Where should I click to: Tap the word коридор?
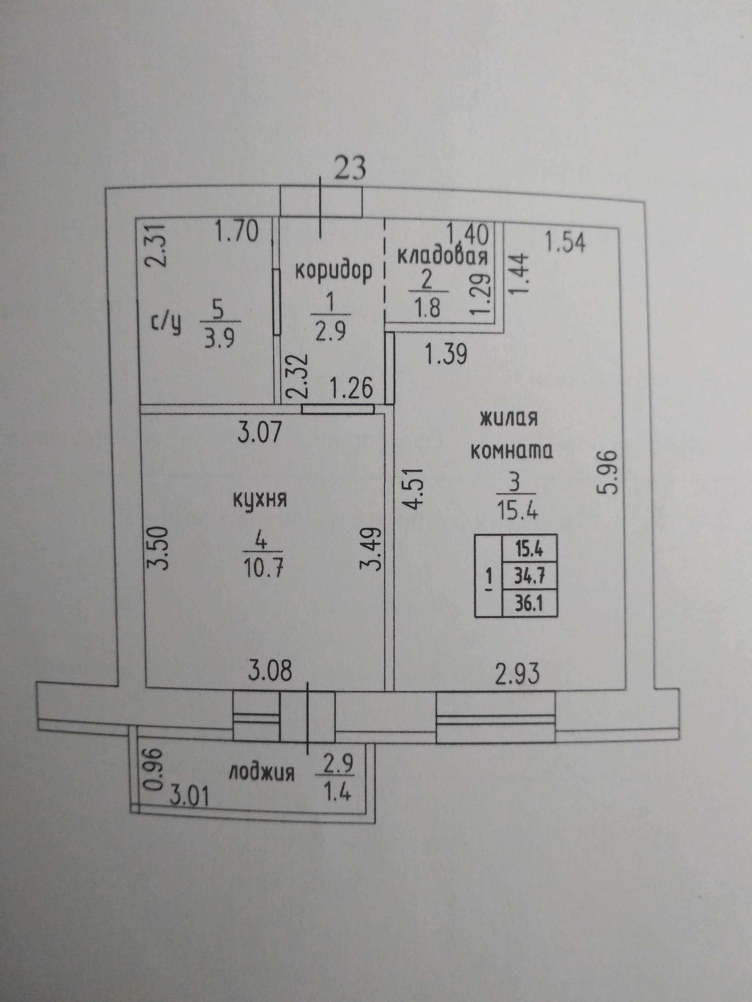pos(334,270)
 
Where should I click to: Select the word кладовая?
pos(443,257)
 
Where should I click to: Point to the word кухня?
pos(260,500)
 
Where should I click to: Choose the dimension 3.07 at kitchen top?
pos(260,432)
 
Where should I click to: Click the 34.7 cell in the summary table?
pos(529,577)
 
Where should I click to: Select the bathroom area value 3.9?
pos(219,337)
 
